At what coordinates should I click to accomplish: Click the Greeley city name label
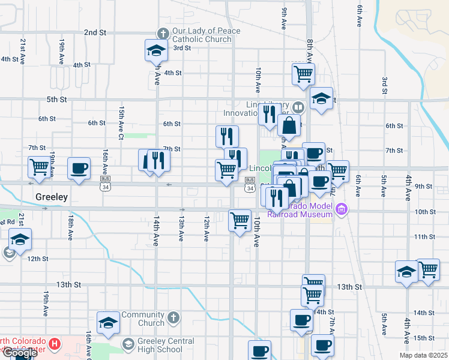[x=51, y=197]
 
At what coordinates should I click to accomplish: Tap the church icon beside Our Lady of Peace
[x=162, y=34]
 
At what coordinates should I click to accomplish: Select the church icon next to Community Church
[x=173, y=319]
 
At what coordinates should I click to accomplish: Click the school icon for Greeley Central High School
[x=128, y=344]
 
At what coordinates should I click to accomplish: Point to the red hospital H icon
[x=55, y=344]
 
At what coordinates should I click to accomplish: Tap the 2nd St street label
[x=95, y=32]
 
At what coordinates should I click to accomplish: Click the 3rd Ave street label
[x=384, y=86]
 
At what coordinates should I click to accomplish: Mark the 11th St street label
[x=424, y=237]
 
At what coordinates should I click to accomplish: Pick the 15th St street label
[x=424, y=338]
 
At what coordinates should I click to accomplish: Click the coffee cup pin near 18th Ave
[x=79, y=168]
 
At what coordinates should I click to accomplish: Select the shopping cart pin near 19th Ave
[x=40, y=167]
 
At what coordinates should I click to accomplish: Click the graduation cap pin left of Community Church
[x=108, y=323]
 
